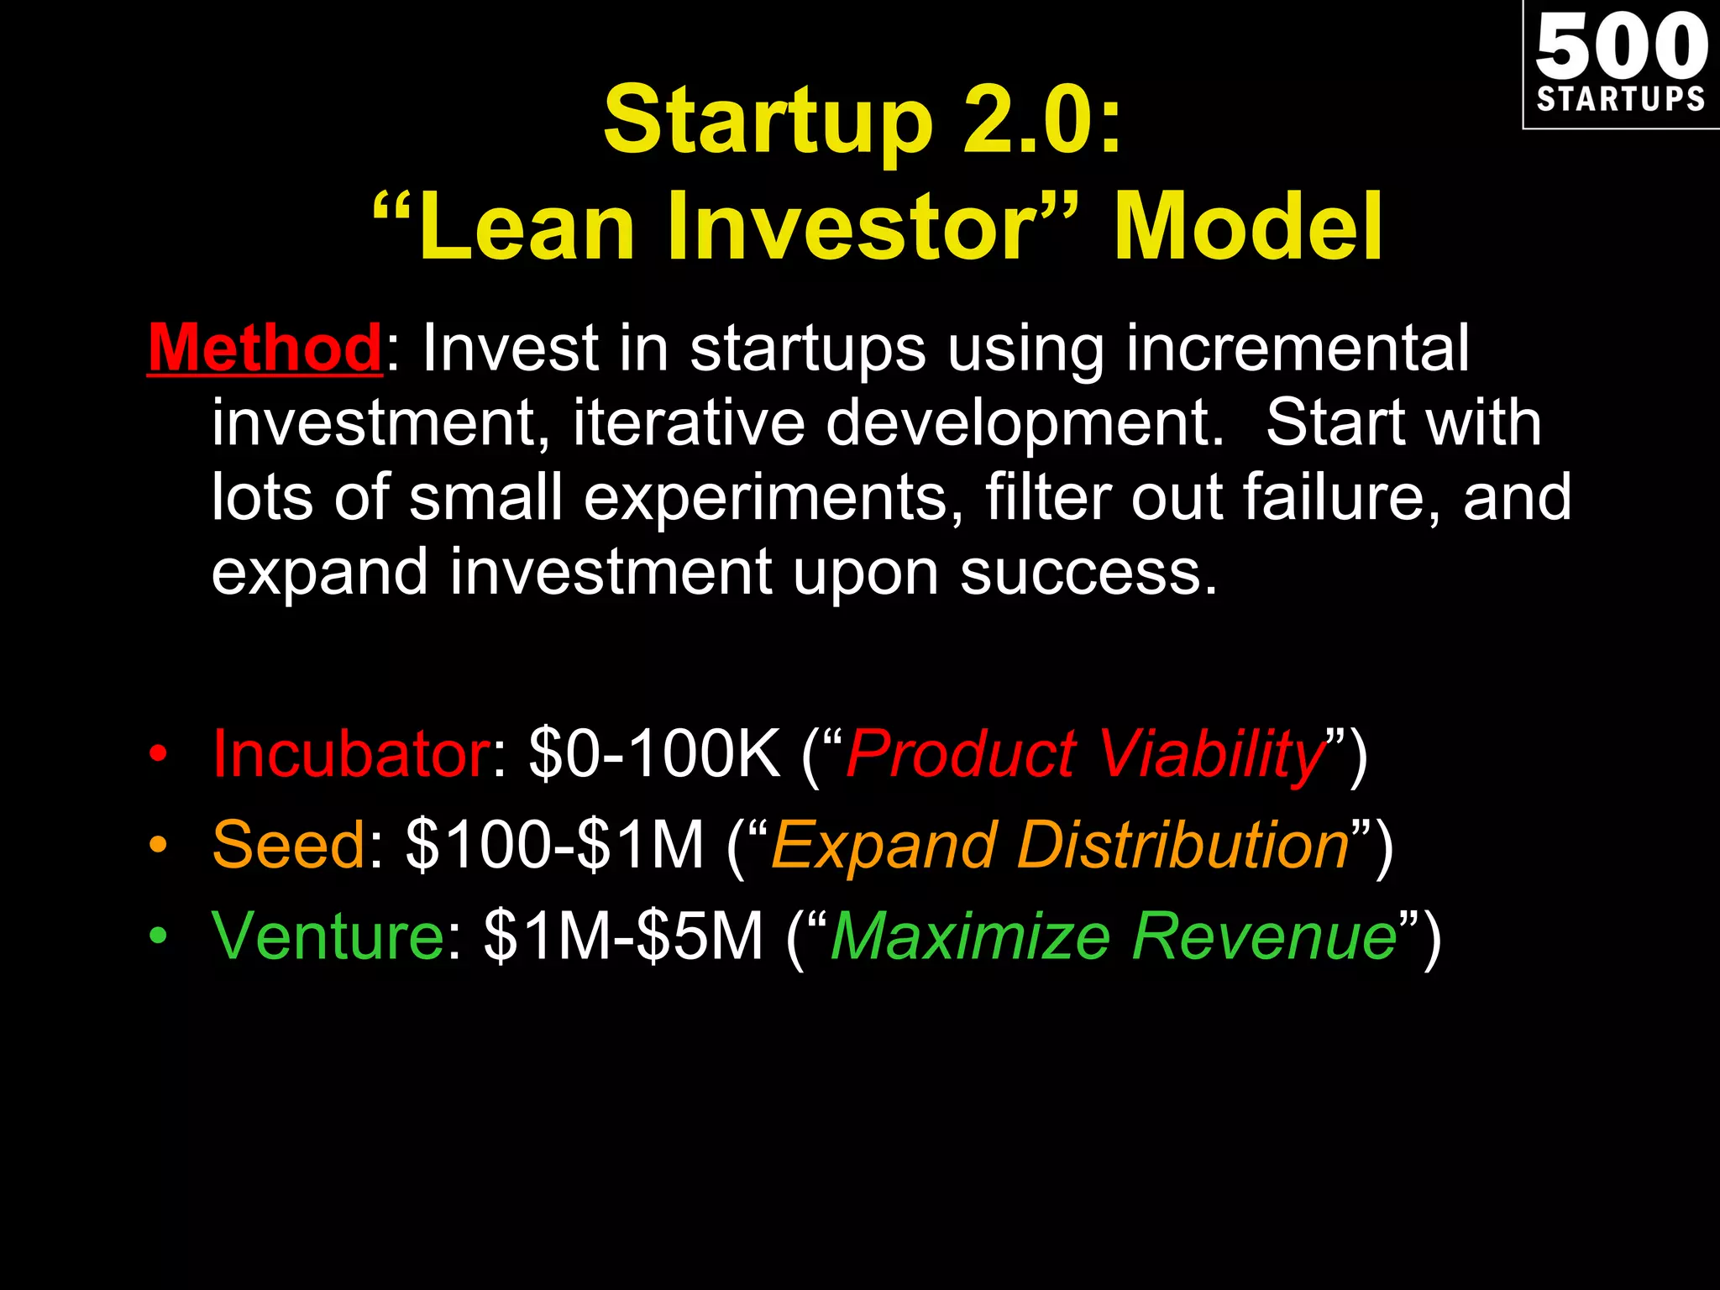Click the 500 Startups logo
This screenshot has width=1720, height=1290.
point(1621,64)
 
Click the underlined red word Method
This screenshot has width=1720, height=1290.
point(265,348)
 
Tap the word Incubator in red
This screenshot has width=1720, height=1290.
point(351,753)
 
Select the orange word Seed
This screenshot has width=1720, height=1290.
point(289,845)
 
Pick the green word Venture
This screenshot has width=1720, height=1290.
point(328,936)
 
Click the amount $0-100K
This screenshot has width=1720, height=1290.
point(655,753)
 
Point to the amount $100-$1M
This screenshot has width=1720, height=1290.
point(555,845)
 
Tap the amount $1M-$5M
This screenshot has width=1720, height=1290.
point(623,936)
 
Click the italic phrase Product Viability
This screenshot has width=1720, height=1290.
point(1085,753)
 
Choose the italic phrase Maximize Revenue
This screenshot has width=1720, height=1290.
point(1114,936)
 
